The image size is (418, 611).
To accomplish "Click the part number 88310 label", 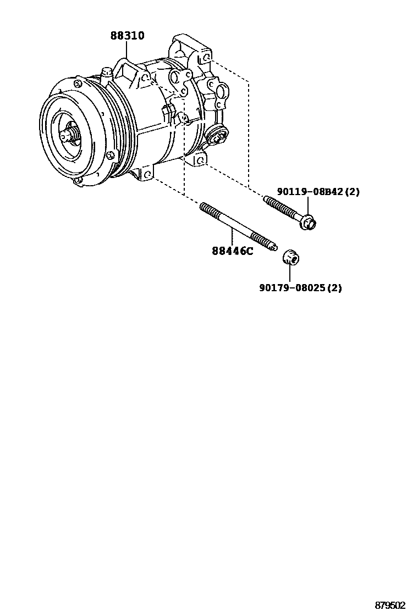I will [x=127, y=36].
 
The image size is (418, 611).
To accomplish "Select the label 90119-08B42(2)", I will [x=318, y=192].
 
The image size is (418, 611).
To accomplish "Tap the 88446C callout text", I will [x=233, y=252].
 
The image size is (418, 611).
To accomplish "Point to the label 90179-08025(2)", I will [x=300, y=287].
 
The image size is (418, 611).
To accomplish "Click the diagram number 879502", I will [x=390, y=605].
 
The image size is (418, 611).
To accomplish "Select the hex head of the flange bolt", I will [x=310, y=223].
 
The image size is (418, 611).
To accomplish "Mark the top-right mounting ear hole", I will [x=205, y=57].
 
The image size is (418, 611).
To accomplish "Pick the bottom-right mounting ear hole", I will [x=200, y=161].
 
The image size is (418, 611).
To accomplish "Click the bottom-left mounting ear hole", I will [x=147, y=175].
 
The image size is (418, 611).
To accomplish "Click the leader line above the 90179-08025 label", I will [x=289, y=274].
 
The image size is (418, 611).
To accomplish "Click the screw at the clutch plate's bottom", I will [x=78, y=180].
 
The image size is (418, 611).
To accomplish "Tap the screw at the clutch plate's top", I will [x=78, y=84].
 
